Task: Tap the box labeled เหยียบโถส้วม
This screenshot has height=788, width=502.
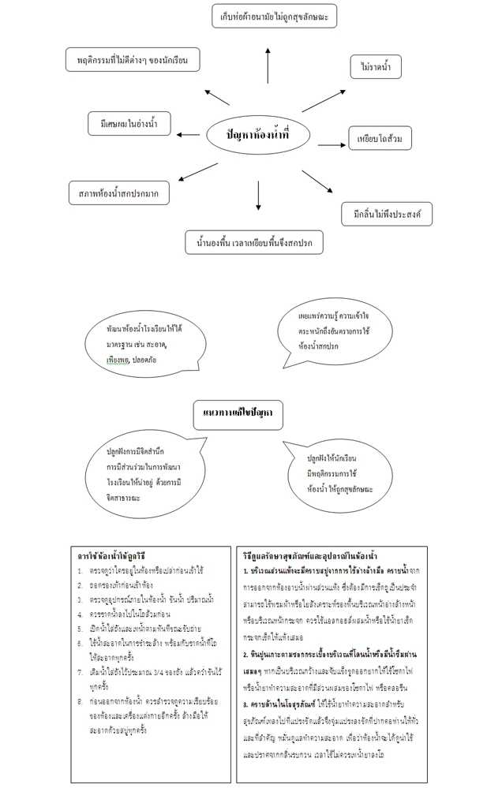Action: point(380,139)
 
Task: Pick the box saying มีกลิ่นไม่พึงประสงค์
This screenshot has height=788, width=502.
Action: point(387,213)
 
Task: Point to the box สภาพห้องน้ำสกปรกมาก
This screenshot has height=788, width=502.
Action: point(119,192)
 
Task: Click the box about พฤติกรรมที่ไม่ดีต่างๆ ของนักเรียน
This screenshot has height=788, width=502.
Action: point(132,60)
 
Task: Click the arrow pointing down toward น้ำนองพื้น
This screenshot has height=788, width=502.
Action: point(258,196)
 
